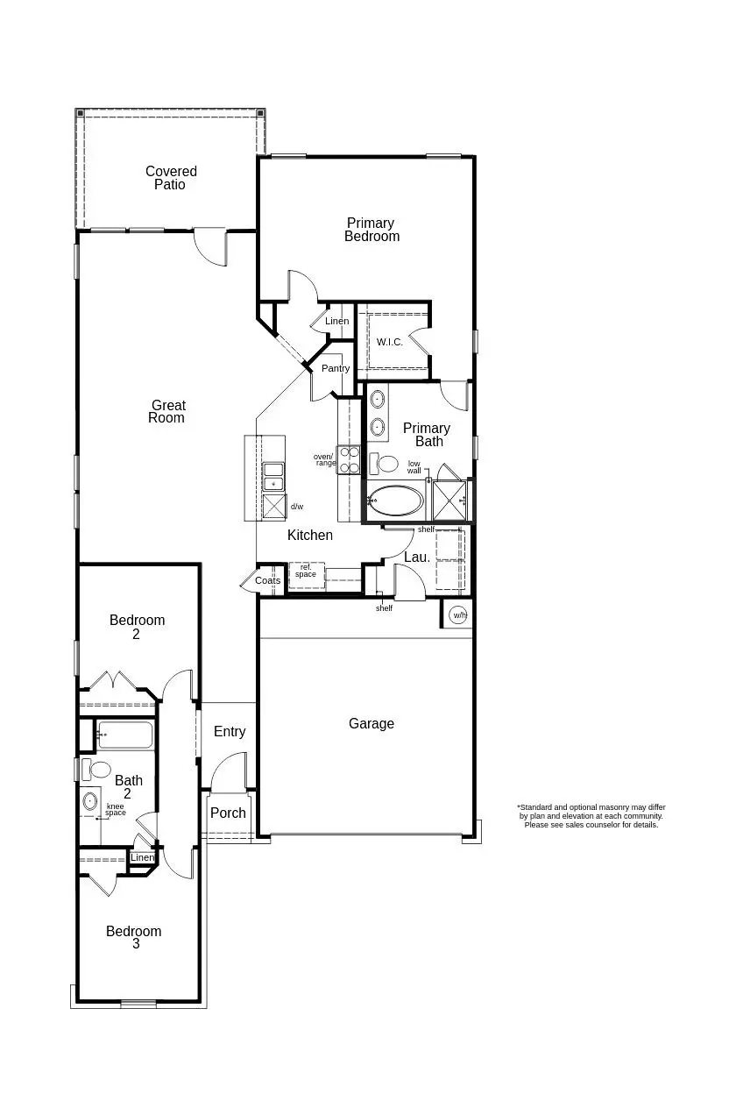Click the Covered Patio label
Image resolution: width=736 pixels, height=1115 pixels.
[x=171, y=178]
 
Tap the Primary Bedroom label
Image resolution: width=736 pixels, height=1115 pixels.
[x=372, y=230]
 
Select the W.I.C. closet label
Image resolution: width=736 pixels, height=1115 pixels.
[x=389, y=342]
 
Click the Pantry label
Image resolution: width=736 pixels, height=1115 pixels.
[x=335, y=369]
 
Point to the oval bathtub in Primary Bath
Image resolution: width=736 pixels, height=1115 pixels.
[x=396, y=501]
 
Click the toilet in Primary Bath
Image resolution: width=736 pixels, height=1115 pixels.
[x=385, y=463]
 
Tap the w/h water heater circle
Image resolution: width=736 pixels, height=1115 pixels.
[x=459, y=615]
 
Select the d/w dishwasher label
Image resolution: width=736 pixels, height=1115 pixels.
[x=297, y=507]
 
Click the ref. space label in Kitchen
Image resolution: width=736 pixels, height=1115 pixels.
[x=306, y=572]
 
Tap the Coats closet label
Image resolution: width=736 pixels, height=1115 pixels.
[x=268, y=581]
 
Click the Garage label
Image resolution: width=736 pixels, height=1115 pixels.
[x=372, y=724]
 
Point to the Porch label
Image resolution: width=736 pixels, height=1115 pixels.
[x=229, y=813]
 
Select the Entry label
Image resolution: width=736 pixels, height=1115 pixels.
[x=230, y=732]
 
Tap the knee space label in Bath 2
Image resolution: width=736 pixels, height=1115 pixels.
[x=116, y=809]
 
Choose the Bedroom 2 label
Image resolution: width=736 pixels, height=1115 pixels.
[x=137, y=627]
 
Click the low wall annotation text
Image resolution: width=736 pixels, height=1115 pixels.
[x=414, y=467]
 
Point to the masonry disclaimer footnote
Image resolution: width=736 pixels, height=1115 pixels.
[x=591, y=816]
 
